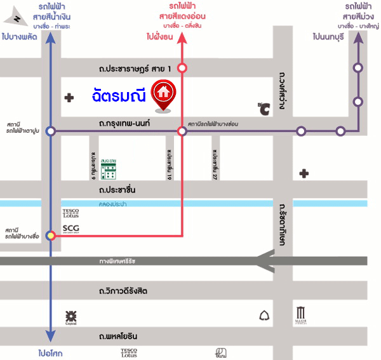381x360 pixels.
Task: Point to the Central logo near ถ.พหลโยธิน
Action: coord(71,316)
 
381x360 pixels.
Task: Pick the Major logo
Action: coord(300,315)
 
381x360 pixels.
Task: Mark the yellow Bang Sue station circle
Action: coord(51,236)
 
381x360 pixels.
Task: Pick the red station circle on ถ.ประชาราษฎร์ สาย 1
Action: coord(182,67)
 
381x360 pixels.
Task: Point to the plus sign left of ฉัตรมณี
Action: coord(69,97)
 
